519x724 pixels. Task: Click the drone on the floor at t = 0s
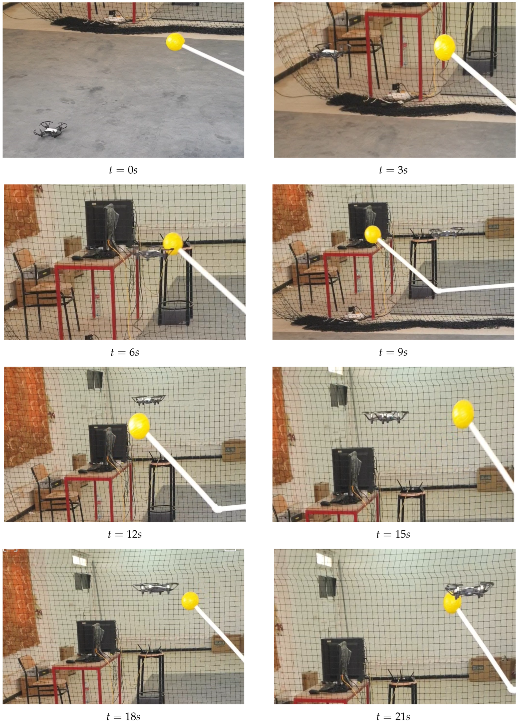(50, 130)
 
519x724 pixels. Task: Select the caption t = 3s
(393, 170)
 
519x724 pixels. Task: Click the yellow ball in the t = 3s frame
(444, 47)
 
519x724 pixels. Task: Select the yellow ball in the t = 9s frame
(373, 234)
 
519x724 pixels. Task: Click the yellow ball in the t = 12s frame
(139, 426)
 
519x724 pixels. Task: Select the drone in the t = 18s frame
(155, 588)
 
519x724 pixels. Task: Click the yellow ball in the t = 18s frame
(190, 601)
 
